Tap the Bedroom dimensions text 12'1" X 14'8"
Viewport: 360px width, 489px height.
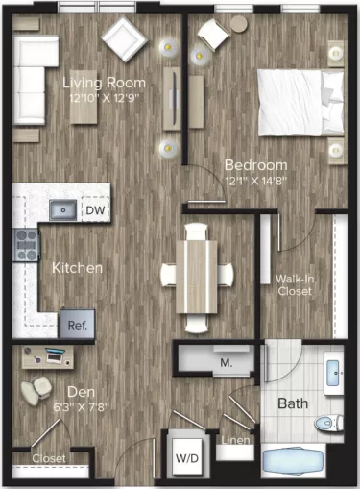tap(255, 179)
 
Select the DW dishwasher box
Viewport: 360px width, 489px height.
tap(94, 210)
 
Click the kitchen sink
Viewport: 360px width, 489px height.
tap(63, 209)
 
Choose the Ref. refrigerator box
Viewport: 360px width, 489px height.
tap(78, 325)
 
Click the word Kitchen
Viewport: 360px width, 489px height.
tap(77, 268)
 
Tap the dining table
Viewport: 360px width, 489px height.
tap(196, 274)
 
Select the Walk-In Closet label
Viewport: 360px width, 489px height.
tap(293, 285)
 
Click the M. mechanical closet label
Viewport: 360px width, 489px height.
tap(227, 363)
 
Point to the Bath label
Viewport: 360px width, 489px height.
tap(293, 404)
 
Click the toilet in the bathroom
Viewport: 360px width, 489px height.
tap(328, 420)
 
